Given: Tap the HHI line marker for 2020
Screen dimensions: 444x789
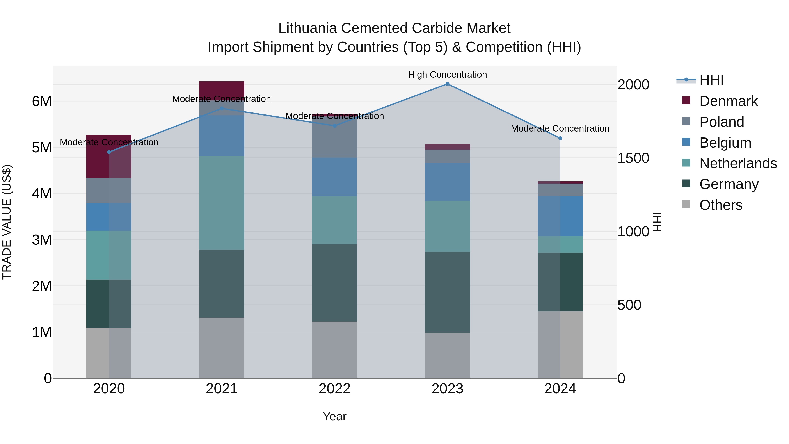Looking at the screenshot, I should point(109,152).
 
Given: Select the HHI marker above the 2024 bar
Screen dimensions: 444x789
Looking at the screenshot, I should point(560,138).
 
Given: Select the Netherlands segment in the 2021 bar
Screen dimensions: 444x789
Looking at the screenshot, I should point(222,203).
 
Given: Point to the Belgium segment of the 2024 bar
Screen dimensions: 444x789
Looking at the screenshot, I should point(560,216).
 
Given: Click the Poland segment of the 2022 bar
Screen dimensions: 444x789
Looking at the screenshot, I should point(334,138).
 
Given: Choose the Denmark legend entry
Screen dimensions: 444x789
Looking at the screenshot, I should point(728,101).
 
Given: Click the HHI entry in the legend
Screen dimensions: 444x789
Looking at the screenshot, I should point(711,80).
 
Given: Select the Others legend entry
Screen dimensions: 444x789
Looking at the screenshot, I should point(720,205).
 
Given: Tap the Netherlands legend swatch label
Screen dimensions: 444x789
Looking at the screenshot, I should point(737,163).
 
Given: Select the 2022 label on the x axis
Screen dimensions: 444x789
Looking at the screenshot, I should point(334,389).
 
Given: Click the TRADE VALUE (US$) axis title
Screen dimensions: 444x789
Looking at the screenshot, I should point(7,222).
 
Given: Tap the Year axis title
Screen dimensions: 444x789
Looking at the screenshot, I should point(334,416).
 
